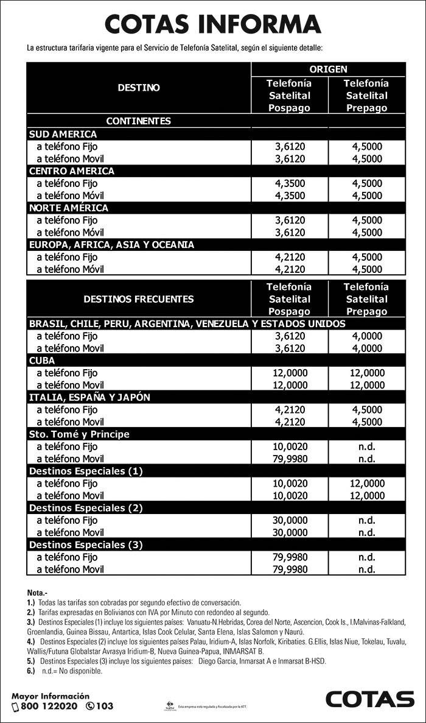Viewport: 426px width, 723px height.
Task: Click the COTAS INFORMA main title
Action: coord(212,25)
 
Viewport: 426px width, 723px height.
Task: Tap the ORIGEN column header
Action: coord(327,69)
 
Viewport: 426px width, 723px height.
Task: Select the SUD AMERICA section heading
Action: coord(63,134)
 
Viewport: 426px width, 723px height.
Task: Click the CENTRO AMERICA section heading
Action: coord(72,171)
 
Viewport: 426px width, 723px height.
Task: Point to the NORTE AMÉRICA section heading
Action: coord(69,208)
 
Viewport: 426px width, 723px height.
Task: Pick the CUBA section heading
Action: coord(43,361)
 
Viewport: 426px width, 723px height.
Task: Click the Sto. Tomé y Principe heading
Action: coord(80,434)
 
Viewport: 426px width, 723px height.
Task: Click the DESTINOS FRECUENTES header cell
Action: coord(139,299)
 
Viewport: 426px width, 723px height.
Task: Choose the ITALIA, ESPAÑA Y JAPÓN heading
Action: coord(90,397)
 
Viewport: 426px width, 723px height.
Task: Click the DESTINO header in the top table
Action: coord(139,88)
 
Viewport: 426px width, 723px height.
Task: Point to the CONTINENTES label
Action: coord(139,121)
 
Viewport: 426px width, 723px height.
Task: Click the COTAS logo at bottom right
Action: coord(369,699)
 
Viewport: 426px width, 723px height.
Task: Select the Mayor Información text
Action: coord(51,696)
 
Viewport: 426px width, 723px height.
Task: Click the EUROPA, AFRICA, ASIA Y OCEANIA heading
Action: coord(111,245)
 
